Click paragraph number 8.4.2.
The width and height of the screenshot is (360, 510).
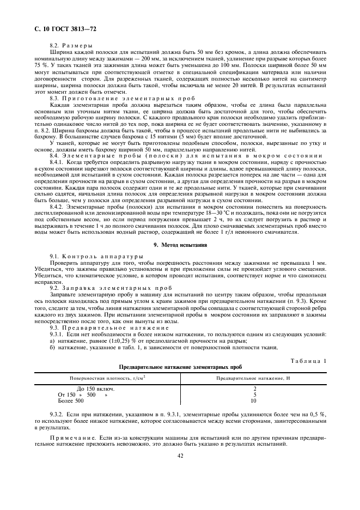57,208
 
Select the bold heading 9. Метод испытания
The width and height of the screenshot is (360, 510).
180,245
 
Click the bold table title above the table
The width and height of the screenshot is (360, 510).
180,366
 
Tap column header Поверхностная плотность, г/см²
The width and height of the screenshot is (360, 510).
107,378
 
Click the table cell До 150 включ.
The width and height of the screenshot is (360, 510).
95,388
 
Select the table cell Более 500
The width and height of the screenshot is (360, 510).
71,400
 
